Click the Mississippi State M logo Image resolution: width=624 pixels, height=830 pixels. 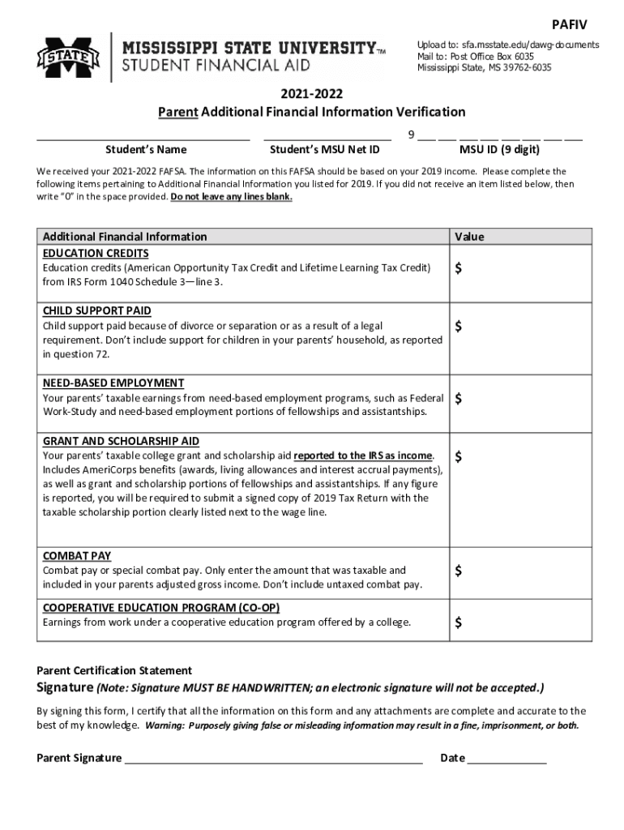(x=67, y=57)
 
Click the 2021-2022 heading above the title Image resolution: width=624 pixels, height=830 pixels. (x=311, y=94)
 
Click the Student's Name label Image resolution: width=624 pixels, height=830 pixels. (x=146, y=149)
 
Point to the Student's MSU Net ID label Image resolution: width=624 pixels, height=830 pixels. (x=324, y=149)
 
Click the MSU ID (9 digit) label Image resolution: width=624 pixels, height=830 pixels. (x=499, y=149)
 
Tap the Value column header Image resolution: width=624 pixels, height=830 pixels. (x=470, y=237)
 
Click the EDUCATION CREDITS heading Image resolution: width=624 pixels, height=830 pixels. (x=96, y=253)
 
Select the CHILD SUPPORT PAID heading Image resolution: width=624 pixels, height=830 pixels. (x=96, y=310)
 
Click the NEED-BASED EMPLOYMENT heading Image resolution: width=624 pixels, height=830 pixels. (x=113, y=383)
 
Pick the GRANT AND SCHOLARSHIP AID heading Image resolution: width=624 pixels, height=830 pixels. (x=121, y=441)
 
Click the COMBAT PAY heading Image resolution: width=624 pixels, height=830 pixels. (x=77, y=556)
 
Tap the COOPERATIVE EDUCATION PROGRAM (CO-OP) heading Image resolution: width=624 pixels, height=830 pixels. (x=161, y=608)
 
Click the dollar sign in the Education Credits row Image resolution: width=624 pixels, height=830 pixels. (x=459, y=269)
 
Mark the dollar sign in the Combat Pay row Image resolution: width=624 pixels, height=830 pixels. (x=459, y=571)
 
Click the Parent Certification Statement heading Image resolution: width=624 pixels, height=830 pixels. (x=114, y=670)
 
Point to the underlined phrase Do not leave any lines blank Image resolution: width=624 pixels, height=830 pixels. (x=232, y=196)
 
